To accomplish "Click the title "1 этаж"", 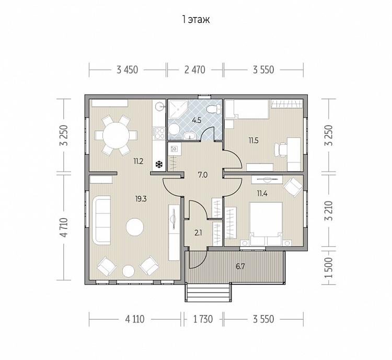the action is [x=196, y=19].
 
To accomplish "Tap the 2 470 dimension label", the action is [x=195, y=70].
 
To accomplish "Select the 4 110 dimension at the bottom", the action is [x=135, y=319].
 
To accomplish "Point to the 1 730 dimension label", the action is [x=203, y=319].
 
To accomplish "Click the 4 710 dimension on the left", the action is [x=64, y=228].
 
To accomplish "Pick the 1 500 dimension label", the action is [x=329, y=267].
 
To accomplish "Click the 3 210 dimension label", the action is [x=329, y=211].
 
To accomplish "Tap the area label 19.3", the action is [x=141, y=199].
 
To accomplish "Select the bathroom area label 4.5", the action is [x=197, y=120].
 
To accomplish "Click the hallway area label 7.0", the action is [x=202, y=175].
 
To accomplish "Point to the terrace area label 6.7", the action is [x=240, y=266].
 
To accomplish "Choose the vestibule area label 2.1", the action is [x=198, y=233].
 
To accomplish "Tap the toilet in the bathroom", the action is [x=214, y=108].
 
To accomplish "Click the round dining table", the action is [x=116, y=136].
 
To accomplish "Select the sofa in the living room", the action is [x=101, y=220].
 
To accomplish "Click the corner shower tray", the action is [x=178, y=109].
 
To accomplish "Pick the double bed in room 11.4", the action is [x=266, y=224].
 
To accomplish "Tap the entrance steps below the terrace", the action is [x=207, y=292].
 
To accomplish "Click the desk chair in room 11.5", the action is [x=280, y=150].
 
